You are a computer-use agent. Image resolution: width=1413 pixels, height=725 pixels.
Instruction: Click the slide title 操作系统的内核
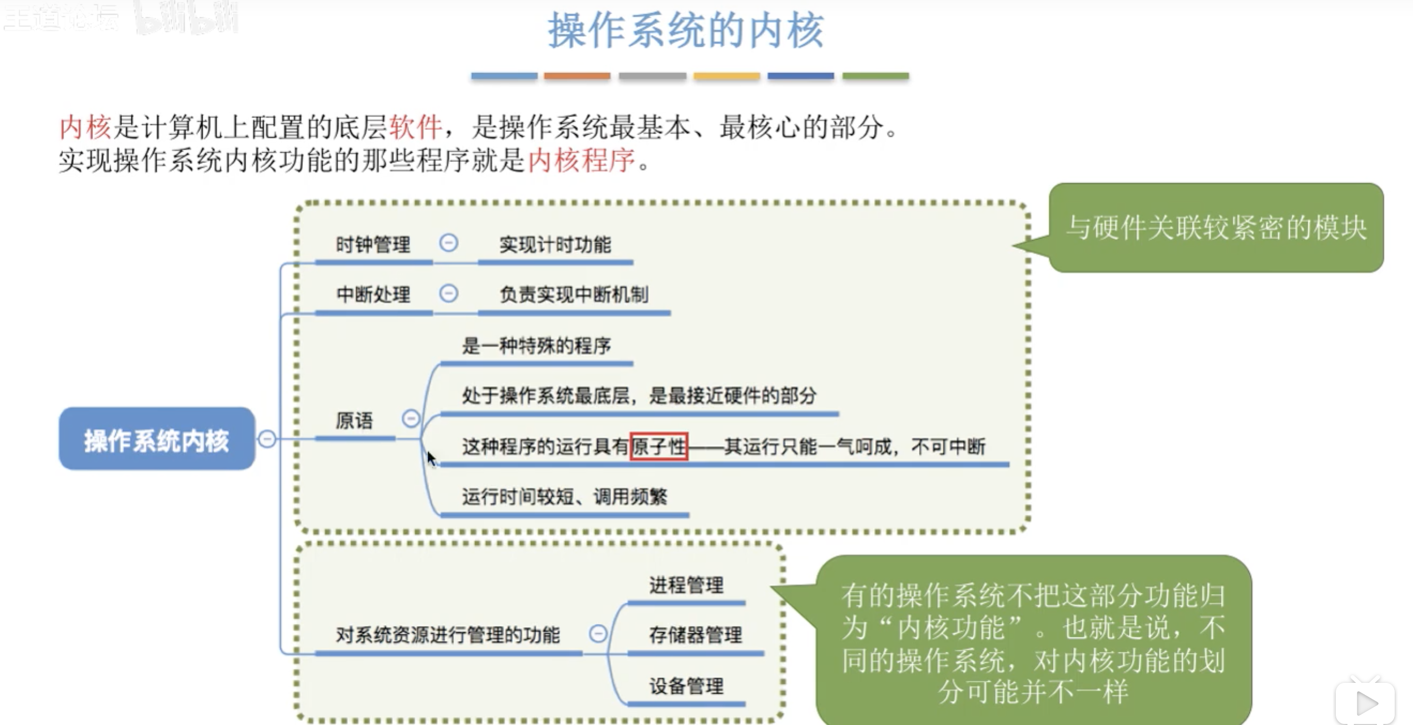click(x=686, y=30)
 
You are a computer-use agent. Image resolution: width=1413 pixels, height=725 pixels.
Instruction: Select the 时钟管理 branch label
click(x=373, y=245)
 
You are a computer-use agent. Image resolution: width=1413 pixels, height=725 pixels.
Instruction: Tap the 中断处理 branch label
click(x=373, y=294)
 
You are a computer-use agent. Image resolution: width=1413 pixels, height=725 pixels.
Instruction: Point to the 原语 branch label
click(x=355, y=420)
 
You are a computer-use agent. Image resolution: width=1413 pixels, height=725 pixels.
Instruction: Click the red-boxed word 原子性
click(x=659, y=446)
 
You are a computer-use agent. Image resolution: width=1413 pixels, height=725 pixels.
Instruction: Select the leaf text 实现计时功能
click(x=555, y=245)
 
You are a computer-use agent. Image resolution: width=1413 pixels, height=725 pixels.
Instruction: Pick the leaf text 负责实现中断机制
click(x=574, y=294)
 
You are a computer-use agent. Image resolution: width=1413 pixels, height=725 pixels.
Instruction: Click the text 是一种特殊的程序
click(x=536, y=346)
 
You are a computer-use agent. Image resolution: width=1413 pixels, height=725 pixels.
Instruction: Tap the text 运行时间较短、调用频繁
click(x=564, y=497)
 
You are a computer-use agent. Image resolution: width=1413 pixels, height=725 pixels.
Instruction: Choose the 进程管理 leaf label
click(x=686, y=585)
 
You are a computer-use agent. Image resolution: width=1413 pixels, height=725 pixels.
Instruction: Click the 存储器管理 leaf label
click(x=695, y=635)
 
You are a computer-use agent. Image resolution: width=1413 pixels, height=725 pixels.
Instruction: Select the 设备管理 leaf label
click(x=686, y=686)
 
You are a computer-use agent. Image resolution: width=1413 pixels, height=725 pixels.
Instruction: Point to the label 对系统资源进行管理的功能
click(x=447, y=635)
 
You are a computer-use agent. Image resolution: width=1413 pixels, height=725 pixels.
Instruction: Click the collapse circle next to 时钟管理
click(x=448, y=243)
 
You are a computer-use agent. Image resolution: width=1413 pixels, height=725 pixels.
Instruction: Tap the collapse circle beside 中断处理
click(x=448, y=293)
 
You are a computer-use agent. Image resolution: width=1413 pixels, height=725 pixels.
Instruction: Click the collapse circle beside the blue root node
click(x=267, y=439)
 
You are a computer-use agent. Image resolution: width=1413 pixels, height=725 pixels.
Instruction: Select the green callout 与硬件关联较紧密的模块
click(x=1216, y=227)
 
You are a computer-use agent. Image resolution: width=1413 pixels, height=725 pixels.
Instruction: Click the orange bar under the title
click(x=577, y=76)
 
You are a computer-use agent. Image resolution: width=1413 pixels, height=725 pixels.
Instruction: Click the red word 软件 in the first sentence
click(x=415, y=127)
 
